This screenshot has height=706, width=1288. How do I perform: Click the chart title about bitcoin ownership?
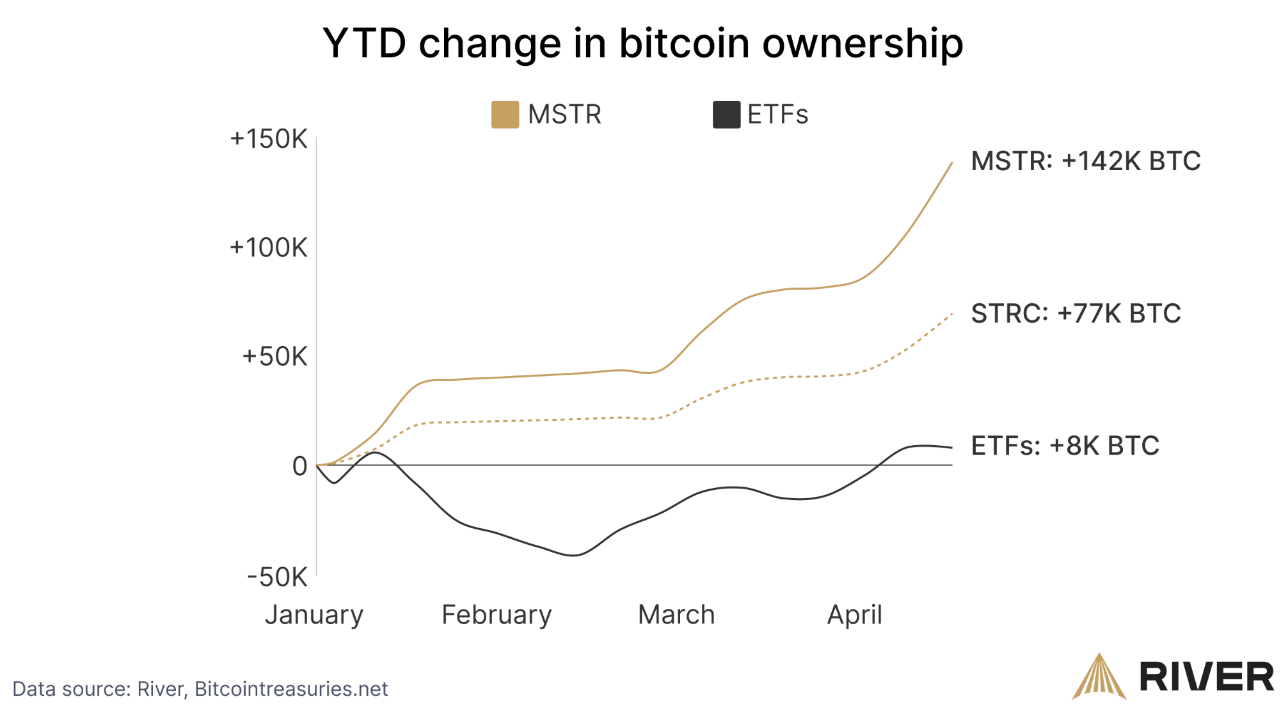pos(642,43)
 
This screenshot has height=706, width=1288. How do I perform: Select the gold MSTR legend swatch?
pos(505,114)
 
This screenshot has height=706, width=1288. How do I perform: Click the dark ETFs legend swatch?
pos(726,114)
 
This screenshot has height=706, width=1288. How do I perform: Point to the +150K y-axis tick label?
pos(269,139)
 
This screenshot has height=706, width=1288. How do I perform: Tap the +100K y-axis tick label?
pos(269,247)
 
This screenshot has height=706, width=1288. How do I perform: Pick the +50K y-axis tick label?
pos(274,357)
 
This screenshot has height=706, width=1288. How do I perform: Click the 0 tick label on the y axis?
pos(299,466)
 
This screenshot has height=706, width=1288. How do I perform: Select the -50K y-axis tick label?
pos(277,577)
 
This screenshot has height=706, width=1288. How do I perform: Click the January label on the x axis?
pos(314,615)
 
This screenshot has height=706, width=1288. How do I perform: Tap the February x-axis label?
pos(497,615)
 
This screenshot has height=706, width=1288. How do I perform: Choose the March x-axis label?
pos(676,615)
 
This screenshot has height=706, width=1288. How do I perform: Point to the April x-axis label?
pos(854,615)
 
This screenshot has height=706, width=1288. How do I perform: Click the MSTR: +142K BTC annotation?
pos(1086,161)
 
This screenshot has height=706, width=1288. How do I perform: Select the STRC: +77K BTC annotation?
pos(1076,313)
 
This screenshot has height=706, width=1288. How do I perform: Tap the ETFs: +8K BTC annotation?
pos(1065,446)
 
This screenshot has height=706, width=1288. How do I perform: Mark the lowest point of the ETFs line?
pos(573,555)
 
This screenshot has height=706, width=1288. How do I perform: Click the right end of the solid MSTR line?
pos(952,162)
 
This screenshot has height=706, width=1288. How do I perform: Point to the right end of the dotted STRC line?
pos(952,314)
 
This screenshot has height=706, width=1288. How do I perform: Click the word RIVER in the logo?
pos(1207,677)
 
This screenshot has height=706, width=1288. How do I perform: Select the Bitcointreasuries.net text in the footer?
pos(291,689)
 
